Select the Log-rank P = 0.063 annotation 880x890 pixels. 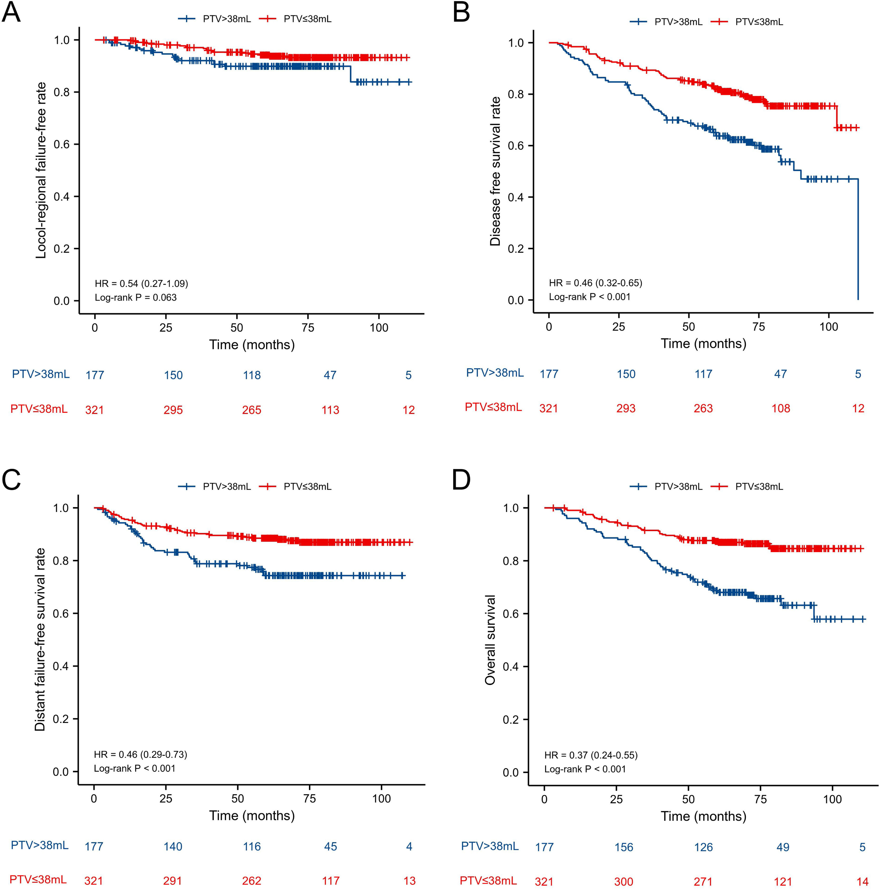click(x=136, y=297)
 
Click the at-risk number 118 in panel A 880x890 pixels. click(x=252, y=375)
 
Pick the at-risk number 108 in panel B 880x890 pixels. click(x=780, y=409)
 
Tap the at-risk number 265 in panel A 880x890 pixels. click(x=252, y=410)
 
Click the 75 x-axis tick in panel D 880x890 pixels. click(x=760, y=799)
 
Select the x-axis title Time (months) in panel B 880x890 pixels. click(x=703, y=344)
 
